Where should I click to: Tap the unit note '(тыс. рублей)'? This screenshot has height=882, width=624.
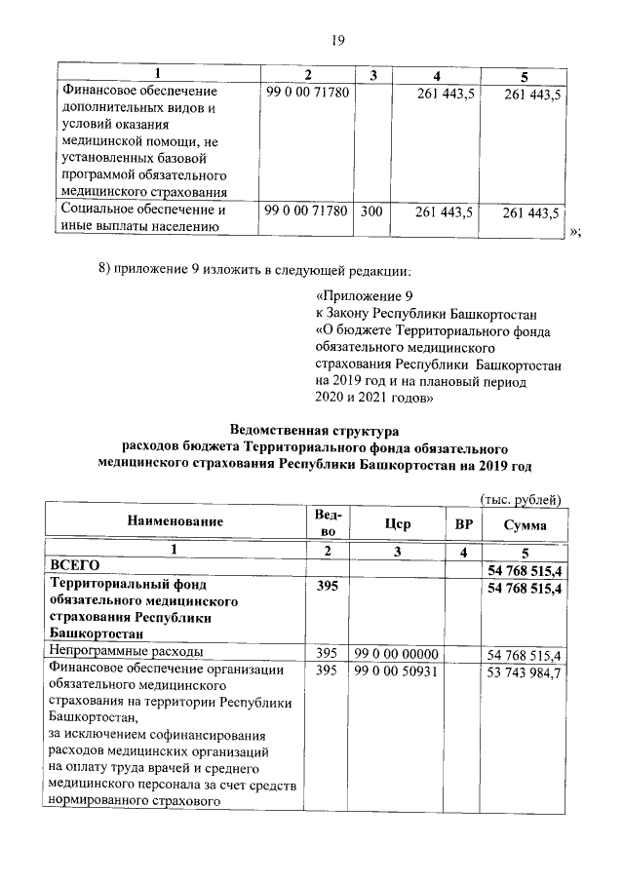[522, 500]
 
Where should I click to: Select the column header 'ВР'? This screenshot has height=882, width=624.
[462, 524]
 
